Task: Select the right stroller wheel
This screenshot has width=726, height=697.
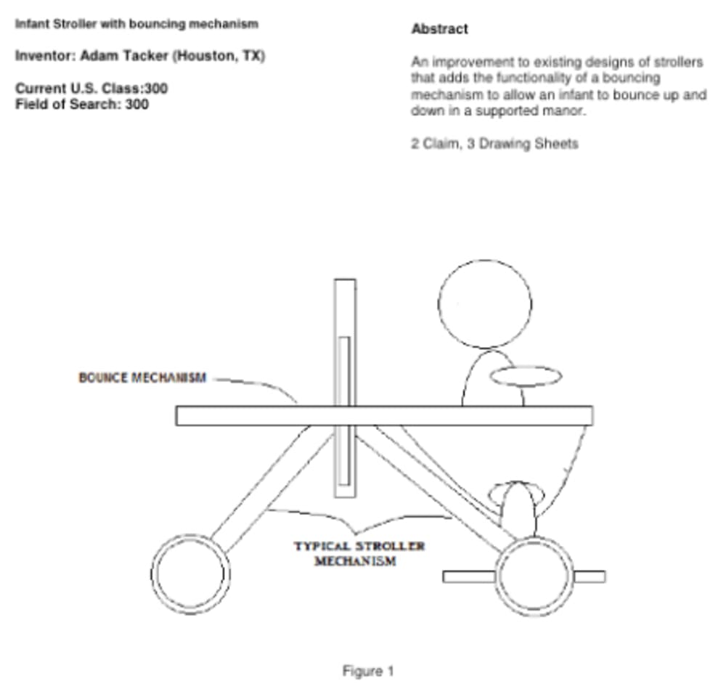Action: [x=535, y=576]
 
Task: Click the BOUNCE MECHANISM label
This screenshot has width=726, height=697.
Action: [x=142, y=378]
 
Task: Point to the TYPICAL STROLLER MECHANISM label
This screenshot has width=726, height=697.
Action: [x=359, y=553]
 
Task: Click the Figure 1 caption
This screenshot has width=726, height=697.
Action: [x=368, y=671]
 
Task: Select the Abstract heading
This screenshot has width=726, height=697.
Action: [x=439, y=29]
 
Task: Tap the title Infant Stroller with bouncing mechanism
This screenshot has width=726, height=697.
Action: [x=136, y=24]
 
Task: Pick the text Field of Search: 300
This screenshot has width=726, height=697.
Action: [x=82, y=104]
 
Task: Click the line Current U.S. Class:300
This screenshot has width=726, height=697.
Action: [x=91, y=89]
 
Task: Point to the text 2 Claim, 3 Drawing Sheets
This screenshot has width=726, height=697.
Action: [x=494, y=144]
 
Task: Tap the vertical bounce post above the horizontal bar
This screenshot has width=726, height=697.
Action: [x=345, y=341]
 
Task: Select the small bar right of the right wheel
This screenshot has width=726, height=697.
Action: [x=590, y=576]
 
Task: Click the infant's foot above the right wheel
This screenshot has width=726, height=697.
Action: [x=518, y=508]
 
